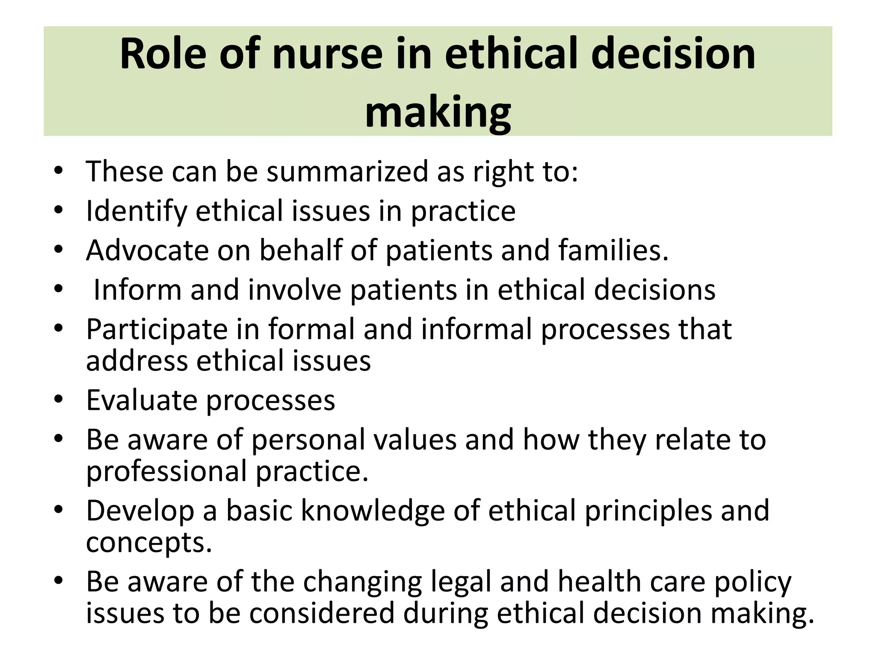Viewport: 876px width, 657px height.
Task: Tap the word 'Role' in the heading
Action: [163, 55]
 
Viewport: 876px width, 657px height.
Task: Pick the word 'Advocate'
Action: [147, 250]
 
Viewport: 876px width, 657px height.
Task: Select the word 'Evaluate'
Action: [142, 400]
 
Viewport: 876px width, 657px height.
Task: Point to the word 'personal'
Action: [354, 440]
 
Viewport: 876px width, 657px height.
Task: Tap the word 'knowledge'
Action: [373, 511]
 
